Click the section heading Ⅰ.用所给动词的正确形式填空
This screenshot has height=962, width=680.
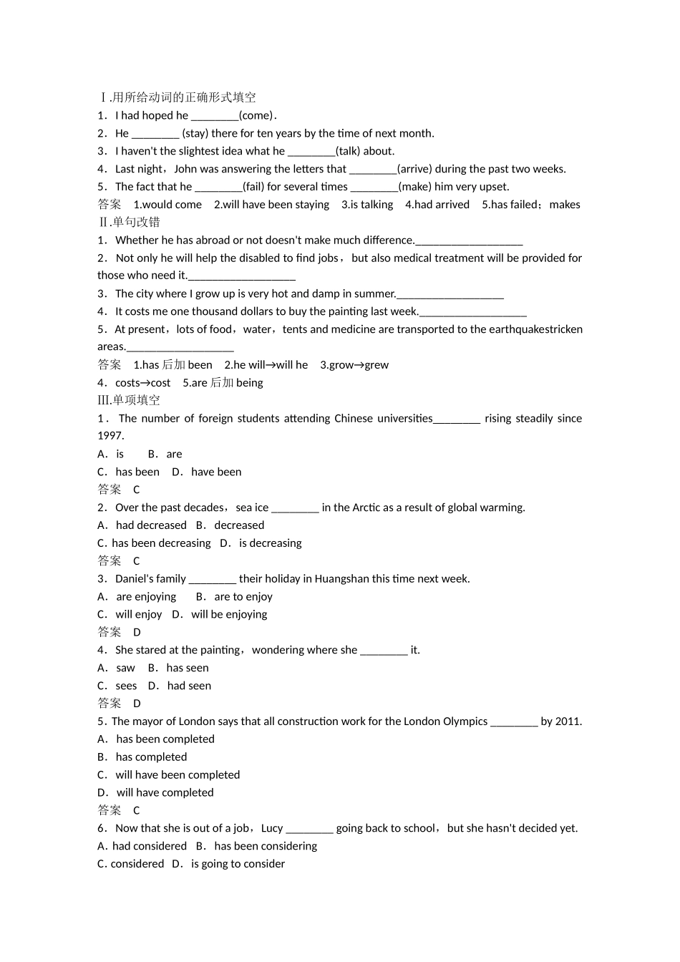(177, 97)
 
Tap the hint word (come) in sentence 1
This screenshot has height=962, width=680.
(256, 115)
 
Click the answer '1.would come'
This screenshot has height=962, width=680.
(167, 205)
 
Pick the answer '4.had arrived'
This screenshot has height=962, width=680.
(437, 205)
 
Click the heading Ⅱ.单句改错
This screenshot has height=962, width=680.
(129, 222)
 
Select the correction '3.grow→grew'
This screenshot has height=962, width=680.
(354, 365)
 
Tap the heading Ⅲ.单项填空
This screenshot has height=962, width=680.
(129, 400)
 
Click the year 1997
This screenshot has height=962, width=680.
(111, 436)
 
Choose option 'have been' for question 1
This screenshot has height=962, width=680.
(216, 472)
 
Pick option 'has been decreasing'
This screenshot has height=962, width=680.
(161, 543)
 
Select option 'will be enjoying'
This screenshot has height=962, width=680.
(229, 614)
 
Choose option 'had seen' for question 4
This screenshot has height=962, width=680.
(189, 686)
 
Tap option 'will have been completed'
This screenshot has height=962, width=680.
(178, 774)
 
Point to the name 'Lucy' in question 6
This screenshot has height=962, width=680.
(272, 828)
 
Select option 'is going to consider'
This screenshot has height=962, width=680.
(238, 864)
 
